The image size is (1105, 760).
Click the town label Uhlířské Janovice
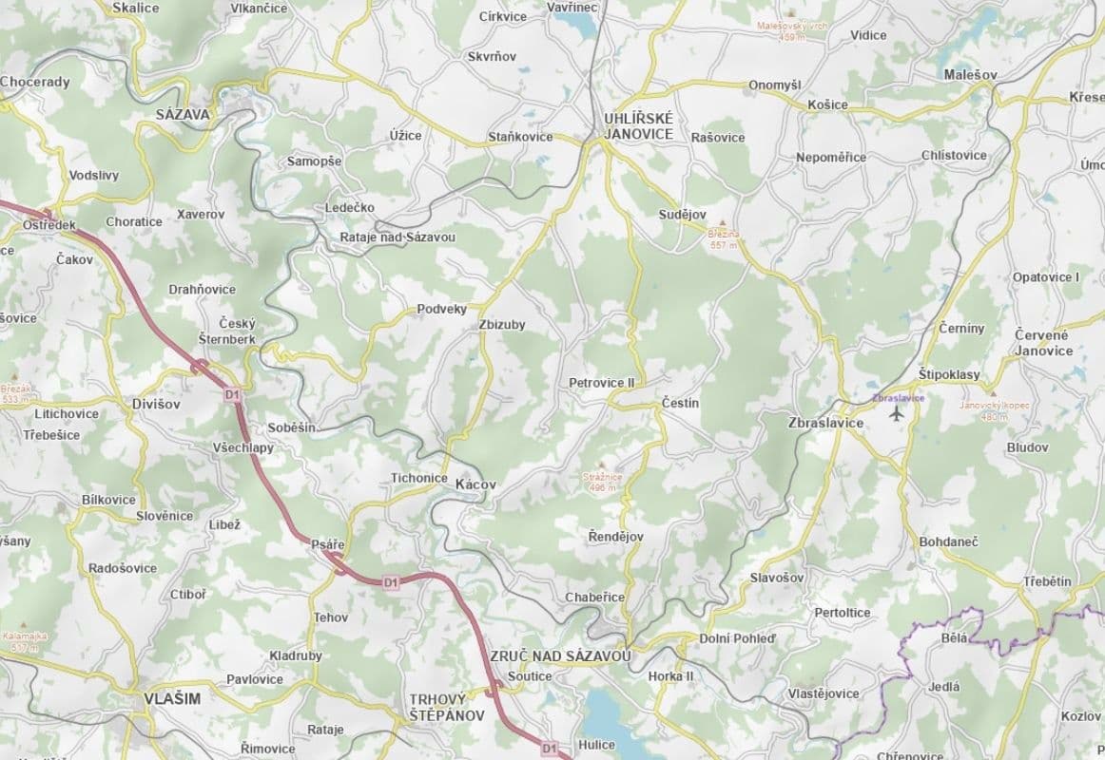click(638, 125)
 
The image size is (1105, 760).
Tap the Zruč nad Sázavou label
click(560, 656)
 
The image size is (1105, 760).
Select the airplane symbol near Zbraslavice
click(895, 413)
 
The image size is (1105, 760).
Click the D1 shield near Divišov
click(232, 392)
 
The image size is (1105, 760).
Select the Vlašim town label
click(172, 698)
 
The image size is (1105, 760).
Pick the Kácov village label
click(475, 484)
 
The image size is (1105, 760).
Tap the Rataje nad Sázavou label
click(397, 237)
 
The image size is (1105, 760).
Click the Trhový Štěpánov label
click(446, 707)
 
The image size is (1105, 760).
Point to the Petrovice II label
click(601, 383)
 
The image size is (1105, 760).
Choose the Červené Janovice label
click(1043, 343)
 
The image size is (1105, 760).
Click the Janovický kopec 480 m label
click(993, 410)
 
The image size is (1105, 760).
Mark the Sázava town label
click(183, 114)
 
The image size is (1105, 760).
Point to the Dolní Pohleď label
click(737, 638)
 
